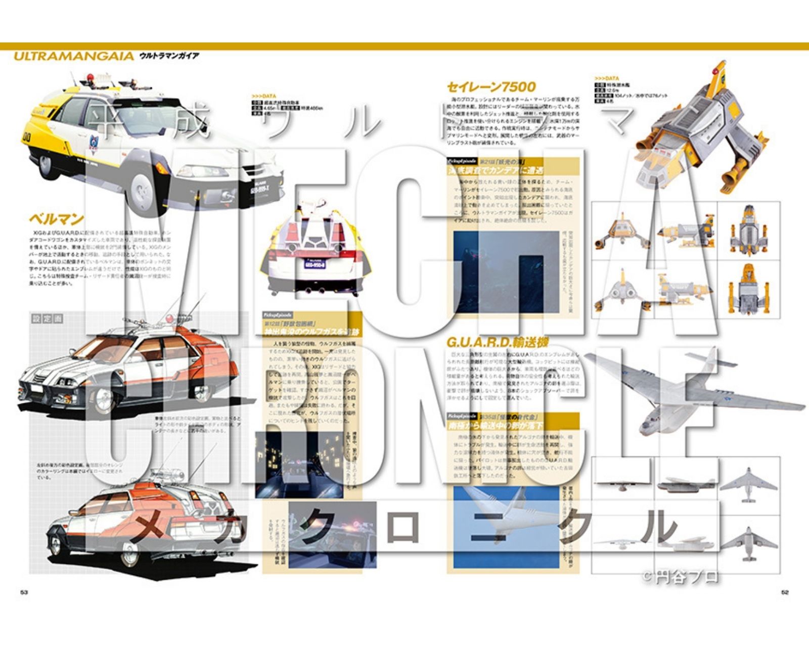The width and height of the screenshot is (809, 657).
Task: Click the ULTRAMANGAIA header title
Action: (73, 56)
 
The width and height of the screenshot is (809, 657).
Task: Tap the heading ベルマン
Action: (56, 219)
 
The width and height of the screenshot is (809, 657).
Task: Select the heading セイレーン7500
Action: (491, 87)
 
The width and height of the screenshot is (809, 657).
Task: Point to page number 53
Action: (24, 592)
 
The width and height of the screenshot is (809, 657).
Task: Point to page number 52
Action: (785, 592)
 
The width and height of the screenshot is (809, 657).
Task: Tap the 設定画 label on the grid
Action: (47, 319)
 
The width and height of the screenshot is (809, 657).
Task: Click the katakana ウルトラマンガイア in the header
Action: (169, 56)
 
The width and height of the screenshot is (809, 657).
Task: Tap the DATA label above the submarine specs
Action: (607, 78)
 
